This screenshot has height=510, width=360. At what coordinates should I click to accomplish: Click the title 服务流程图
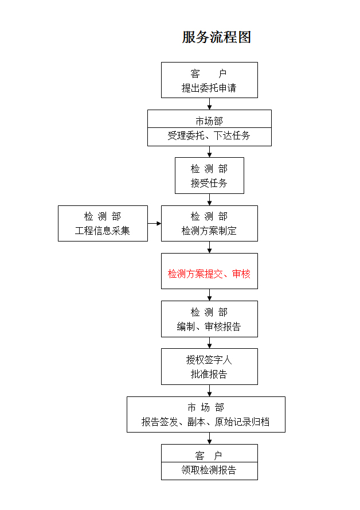pos(216,37)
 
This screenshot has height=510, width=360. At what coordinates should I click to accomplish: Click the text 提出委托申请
pos(209,88)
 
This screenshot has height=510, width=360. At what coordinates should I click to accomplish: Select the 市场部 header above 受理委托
pos(209,121)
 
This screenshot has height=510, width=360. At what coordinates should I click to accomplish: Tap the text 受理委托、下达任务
pos(209,135)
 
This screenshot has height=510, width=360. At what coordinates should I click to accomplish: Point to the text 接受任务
pos(209,183)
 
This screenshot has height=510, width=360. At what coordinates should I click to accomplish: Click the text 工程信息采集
pos(103,231)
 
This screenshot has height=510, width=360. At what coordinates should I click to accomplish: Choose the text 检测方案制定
pos(209,231)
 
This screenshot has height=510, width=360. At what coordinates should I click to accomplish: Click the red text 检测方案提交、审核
pos(209,274)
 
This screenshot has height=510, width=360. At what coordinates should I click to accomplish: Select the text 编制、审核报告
pos(209,326)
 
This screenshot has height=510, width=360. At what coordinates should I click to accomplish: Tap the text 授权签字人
pos(209,360)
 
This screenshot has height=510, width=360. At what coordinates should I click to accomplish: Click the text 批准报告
pos(209,374)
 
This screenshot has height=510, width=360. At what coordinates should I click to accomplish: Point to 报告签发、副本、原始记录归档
pos(206,422)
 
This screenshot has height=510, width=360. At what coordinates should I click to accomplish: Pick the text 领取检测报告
pos(209,470)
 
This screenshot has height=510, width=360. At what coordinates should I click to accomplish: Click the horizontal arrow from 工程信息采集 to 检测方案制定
pos(154,224)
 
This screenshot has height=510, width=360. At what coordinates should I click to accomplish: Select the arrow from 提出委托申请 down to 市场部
pos(210,104)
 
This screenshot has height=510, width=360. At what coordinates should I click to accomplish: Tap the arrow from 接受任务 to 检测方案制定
pos(210,200)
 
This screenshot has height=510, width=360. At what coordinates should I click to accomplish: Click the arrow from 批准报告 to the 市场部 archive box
pos(210,391)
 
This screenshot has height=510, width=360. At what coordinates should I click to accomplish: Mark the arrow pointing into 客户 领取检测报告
pos(210,438)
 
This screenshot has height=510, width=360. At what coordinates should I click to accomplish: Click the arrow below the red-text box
pos(210,295)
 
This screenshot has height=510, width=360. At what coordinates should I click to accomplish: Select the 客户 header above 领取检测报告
pos(209,456)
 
